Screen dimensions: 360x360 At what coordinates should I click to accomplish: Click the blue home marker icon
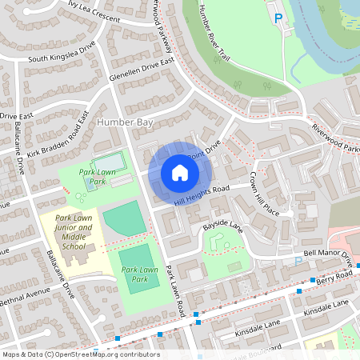tap(180, 172)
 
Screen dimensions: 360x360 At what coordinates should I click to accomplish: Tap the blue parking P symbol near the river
tap(278, 18)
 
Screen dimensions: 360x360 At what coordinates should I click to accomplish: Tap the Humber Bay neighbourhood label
tap(123, 122)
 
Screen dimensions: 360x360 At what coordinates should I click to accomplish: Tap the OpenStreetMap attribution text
tap(80, 354)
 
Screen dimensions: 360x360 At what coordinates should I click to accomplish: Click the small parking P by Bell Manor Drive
tap(298, 260)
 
